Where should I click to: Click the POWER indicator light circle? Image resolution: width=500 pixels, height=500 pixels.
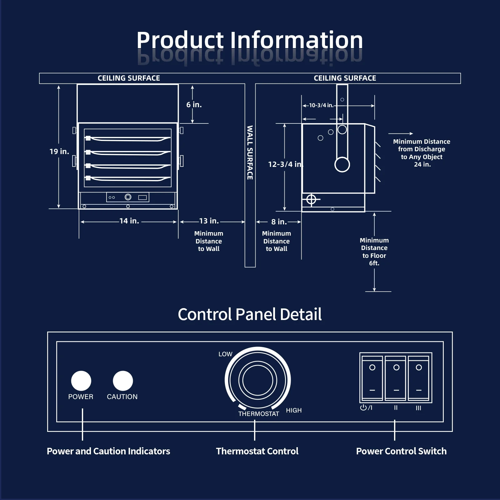click(81, 381)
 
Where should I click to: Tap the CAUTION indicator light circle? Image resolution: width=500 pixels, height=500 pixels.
click(123, 381)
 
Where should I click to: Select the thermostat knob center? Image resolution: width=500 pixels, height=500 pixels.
click(258, 380)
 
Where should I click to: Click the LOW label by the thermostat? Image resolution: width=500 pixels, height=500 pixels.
click(225, 354)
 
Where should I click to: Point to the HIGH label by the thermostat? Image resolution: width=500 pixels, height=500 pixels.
click(294, 410)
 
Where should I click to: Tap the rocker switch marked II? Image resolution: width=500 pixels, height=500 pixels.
click(396, 378)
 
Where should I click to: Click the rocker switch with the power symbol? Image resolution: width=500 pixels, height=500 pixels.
click(372, 378)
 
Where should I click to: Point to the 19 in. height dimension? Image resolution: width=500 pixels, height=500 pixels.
click(59, 152)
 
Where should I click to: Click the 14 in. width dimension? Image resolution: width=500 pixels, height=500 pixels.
click(129, 221)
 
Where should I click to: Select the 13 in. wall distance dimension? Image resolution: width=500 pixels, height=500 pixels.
click(209, 221)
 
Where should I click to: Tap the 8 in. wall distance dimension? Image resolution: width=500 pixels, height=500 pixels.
click(279, 222)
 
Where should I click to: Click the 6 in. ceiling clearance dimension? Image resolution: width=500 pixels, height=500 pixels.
click(194, 105)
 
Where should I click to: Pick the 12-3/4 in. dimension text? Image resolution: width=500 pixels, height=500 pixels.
click(286, 164)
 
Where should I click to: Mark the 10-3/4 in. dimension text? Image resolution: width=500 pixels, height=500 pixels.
click(321, 105)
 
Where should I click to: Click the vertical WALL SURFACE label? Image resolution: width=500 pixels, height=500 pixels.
click(250, 152)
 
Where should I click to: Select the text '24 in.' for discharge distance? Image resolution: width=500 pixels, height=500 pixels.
click(422, 164)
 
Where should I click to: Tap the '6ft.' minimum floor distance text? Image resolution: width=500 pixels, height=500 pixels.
click(374, 263)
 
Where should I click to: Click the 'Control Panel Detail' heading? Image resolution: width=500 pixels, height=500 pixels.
click(250, 314)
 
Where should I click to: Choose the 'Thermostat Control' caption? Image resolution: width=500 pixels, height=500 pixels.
click(257, 451)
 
